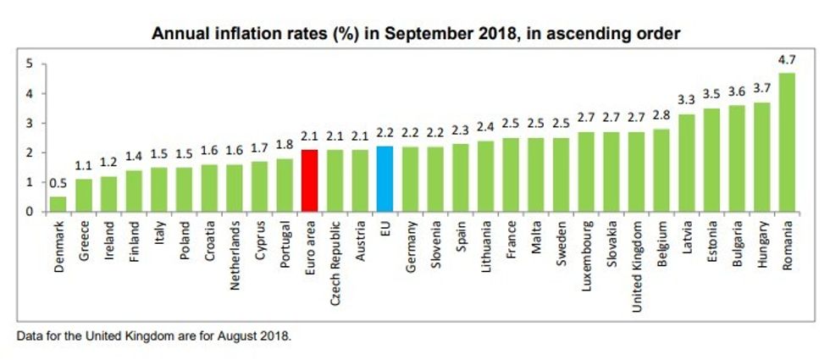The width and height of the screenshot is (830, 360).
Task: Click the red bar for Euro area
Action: (x=309, y=180)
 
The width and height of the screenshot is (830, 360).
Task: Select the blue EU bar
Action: (x=385, y=179)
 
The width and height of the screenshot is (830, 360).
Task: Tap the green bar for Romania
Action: (x=787, y=142)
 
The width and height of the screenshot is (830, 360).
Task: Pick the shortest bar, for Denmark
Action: (x=58, y=204)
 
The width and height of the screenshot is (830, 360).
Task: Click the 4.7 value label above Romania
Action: (x=787, y=61)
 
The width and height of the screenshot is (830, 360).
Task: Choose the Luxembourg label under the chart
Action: (x=586, y=257)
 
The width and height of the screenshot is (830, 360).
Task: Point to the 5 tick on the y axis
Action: (x=30, y=64)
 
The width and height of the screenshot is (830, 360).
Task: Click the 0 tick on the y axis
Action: (x=30, y=212)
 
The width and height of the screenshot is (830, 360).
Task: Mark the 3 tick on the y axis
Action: (x=30, y=123)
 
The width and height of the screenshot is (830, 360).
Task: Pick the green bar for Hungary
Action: (x=761, y=158)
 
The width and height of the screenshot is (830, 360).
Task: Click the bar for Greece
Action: (x=83, y=196)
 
